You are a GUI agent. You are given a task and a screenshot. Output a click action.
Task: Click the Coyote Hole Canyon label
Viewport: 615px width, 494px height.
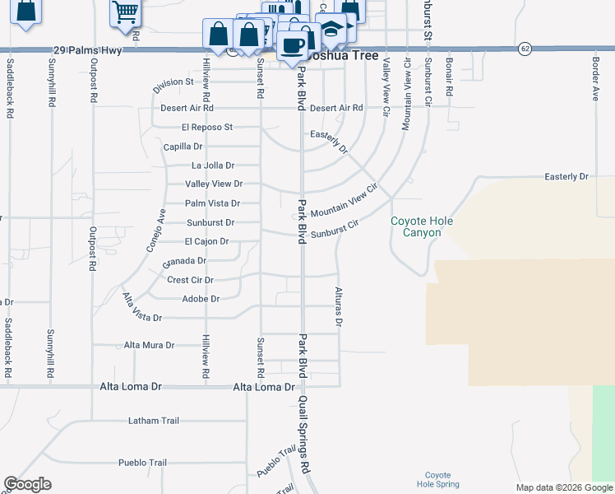(x=422, y=226)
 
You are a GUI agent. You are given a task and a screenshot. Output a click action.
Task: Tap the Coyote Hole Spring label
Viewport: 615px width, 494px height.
(x=437, y=479)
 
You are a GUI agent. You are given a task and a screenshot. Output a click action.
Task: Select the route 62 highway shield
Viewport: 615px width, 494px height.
(x=525, y=49)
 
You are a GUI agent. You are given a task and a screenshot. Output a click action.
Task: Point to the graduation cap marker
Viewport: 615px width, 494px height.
(x=331, y=28)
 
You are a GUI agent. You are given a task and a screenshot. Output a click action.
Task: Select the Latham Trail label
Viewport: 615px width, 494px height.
(x=153, y=421)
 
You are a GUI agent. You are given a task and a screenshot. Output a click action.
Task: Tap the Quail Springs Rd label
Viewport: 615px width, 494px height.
(x=304, y=432)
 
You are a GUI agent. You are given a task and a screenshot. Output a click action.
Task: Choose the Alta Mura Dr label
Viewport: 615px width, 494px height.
(x=149, y=346)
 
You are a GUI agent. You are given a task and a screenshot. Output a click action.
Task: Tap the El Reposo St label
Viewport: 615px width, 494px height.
(x=207, y=128)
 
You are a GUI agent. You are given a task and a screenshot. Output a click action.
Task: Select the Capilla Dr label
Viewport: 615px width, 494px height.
(x=183, y=147)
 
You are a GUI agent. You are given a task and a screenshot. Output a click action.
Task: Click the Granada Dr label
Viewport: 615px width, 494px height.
(x=184, y=262)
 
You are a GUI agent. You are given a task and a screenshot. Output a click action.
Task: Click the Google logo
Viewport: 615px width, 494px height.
(x=28, y=484)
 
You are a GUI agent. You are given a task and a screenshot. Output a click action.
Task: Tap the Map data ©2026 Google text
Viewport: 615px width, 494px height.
(x=564, y=487)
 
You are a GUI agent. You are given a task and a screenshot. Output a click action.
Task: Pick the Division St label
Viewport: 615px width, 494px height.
(x=173, y=82)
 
